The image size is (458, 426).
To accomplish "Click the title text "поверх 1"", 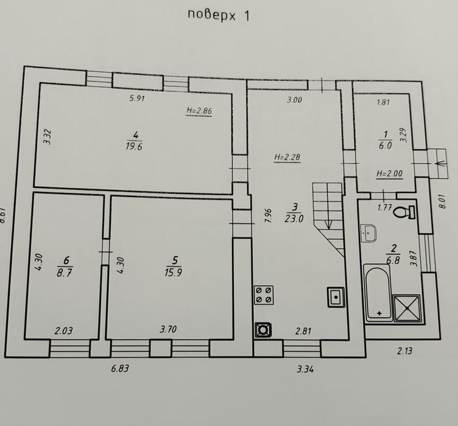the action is point(219,15).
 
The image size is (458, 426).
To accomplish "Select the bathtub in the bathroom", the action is point(378,293).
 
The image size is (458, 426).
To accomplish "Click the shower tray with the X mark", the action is point(407,308).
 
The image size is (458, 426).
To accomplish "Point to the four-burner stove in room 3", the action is point(264,295).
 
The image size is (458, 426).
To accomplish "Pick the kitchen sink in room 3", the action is point(336,297).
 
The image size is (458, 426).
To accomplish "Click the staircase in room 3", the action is point(329,220).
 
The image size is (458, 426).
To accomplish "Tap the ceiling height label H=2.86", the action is point(199,111).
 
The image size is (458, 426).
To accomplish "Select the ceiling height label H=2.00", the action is point(389,174).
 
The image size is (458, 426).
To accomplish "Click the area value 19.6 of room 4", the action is point(134,146).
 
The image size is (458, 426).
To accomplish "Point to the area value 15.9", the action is point(174,272).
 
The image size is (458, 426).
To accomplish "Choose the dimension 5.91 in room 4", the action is point(137,99).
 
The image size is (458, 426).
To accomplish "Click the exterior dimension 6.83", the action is point(120,369).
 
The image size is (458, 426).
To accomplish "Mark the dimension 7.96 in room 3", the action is point(268,215).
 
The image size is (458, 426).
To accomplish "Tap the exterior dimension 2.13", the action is point(404,351).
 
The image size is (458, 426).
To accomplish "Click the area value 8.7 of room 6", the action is point(65,273).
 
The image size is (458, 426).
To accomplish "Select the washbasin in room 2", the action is point(369,233).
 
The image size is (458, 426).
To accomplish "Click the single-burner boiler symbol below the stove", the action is point(263,330).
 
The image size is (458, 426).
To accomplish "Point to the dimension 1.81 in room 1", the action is point(383,102).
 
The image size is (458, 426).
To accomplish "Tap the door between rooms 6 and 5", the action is point(105,252).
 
